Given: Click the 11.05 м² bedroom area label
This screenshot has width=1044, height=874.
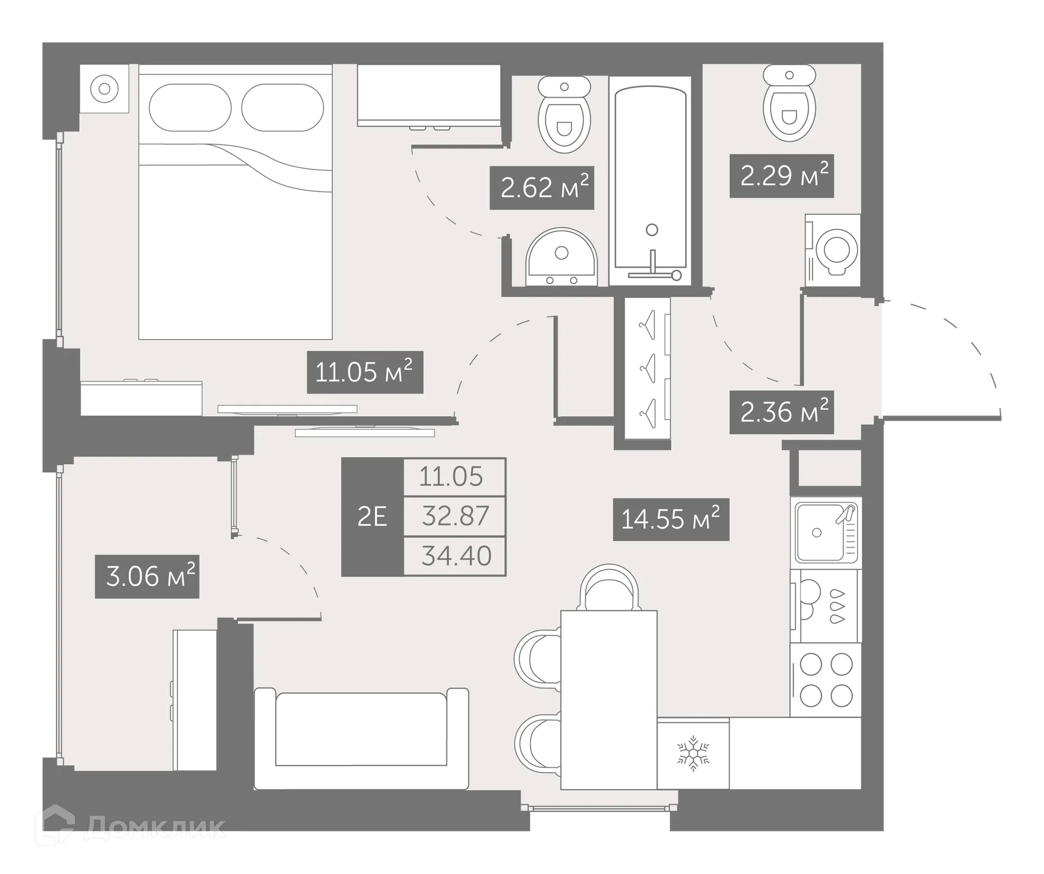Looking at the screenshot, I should point(365,372).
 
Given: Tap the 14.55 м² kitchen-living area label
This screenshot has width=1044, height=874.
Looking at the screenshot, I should point(670,519).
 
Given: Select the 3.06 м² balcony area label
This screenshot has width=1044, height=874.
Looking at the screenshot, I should point(147,576).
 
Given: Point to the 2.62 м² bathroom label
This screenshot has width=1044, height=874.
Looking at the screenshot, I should point(542,188).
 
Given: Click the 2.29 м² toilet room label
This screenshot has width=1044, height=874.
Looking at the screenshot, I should point(781,176).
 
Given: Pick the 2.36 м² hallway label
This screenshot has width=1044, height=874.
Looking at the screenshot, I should point(781,412).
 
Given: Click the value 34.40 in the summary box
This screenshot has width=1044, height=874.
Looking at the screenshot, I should point(456,556).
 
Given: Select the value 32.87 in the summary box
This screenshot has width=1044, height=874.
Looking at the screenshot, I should point(455,516).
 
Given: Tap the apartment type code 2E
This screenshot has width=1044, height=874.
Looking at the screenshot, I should point(372,516).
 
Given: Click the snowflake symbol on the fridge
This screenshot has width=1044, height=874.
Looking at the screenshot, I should point(693,753).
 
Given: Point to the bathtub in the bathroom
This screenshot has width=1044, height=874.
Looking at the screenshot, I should point(650,179).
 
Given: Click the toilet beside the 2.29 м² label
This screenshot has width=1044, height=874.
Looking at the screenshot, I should point(789,103).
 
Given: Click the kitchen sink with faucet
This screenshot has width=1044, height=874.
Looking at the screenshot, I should point(825,533).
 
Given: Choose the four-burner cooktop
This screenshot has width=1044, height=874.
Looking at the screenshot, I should point(825,679).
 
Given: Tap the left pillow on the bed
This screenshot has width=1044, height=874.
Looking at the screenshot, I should point(190,107).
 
